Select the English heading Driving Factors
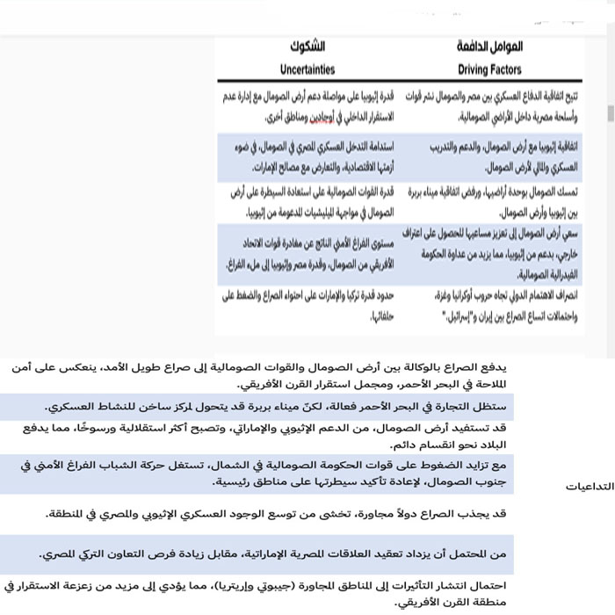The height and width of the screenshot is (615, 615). tap(489, 69)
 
